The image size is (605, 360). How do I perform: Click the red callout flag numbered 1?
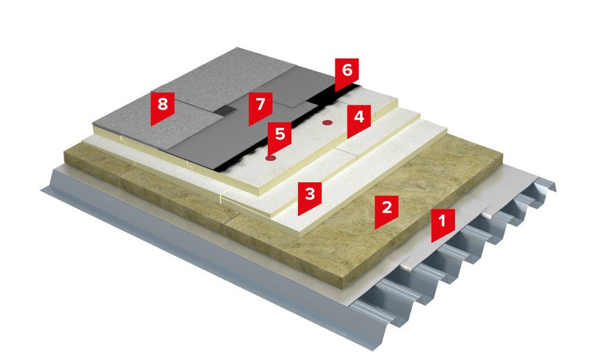click(443, 224)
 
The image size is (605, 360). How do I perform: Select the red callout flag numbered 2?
click(387, 210)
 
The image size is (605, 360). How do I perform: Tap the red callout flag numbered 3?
click(310, 197)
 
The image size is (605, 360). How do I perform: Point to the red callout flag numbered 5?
click(280, 137)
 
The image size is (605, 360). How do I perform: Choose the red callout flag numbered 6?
click(347, 73)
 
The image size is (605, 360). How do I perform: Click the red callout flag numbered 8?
click(163, 107)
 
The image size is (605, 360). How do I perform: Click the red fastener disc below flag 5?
click(271, 158)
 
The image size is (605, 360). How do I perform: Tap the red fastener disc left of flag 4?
click(327, 123)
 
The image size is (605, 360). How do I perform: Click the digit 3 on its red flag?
click(310, 193)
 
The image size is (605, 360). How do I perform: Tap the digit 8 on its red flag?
click(163, 104)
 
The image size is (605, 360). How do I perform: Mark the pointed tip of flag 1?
click(432, 242)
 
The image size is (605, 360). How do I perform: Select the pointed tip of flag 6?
click(335, 92)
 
